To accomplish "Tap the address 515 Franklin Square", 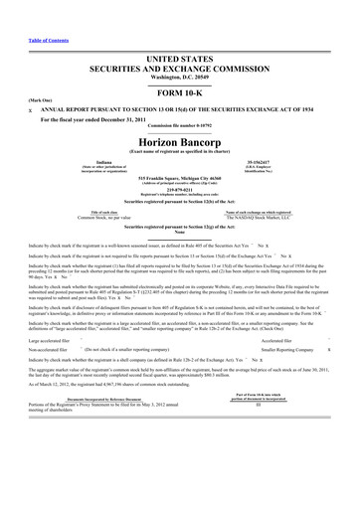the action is tap(179, 174).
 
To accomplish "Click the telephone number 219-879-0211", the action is tap(179, 187).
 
